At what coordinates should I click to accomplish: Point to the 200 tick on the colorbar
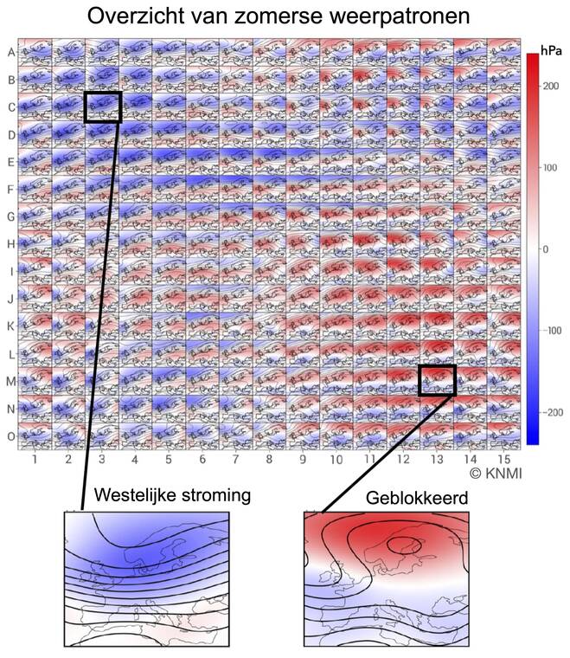tap(550, 86)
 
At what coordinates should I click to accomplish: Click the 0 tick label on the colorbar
tap(545, 248)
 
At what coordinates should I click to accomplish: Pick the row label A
tap(10, 52)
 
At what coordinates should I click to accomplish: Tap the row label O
tap(10, 436)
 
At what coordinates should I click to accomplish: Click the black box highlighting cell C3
tap(103, 106)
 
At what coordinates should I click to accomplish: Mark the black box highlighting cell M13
tap(437, 380)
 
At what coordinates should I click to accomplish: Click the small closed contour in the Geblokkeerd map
tap(400, 546)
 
